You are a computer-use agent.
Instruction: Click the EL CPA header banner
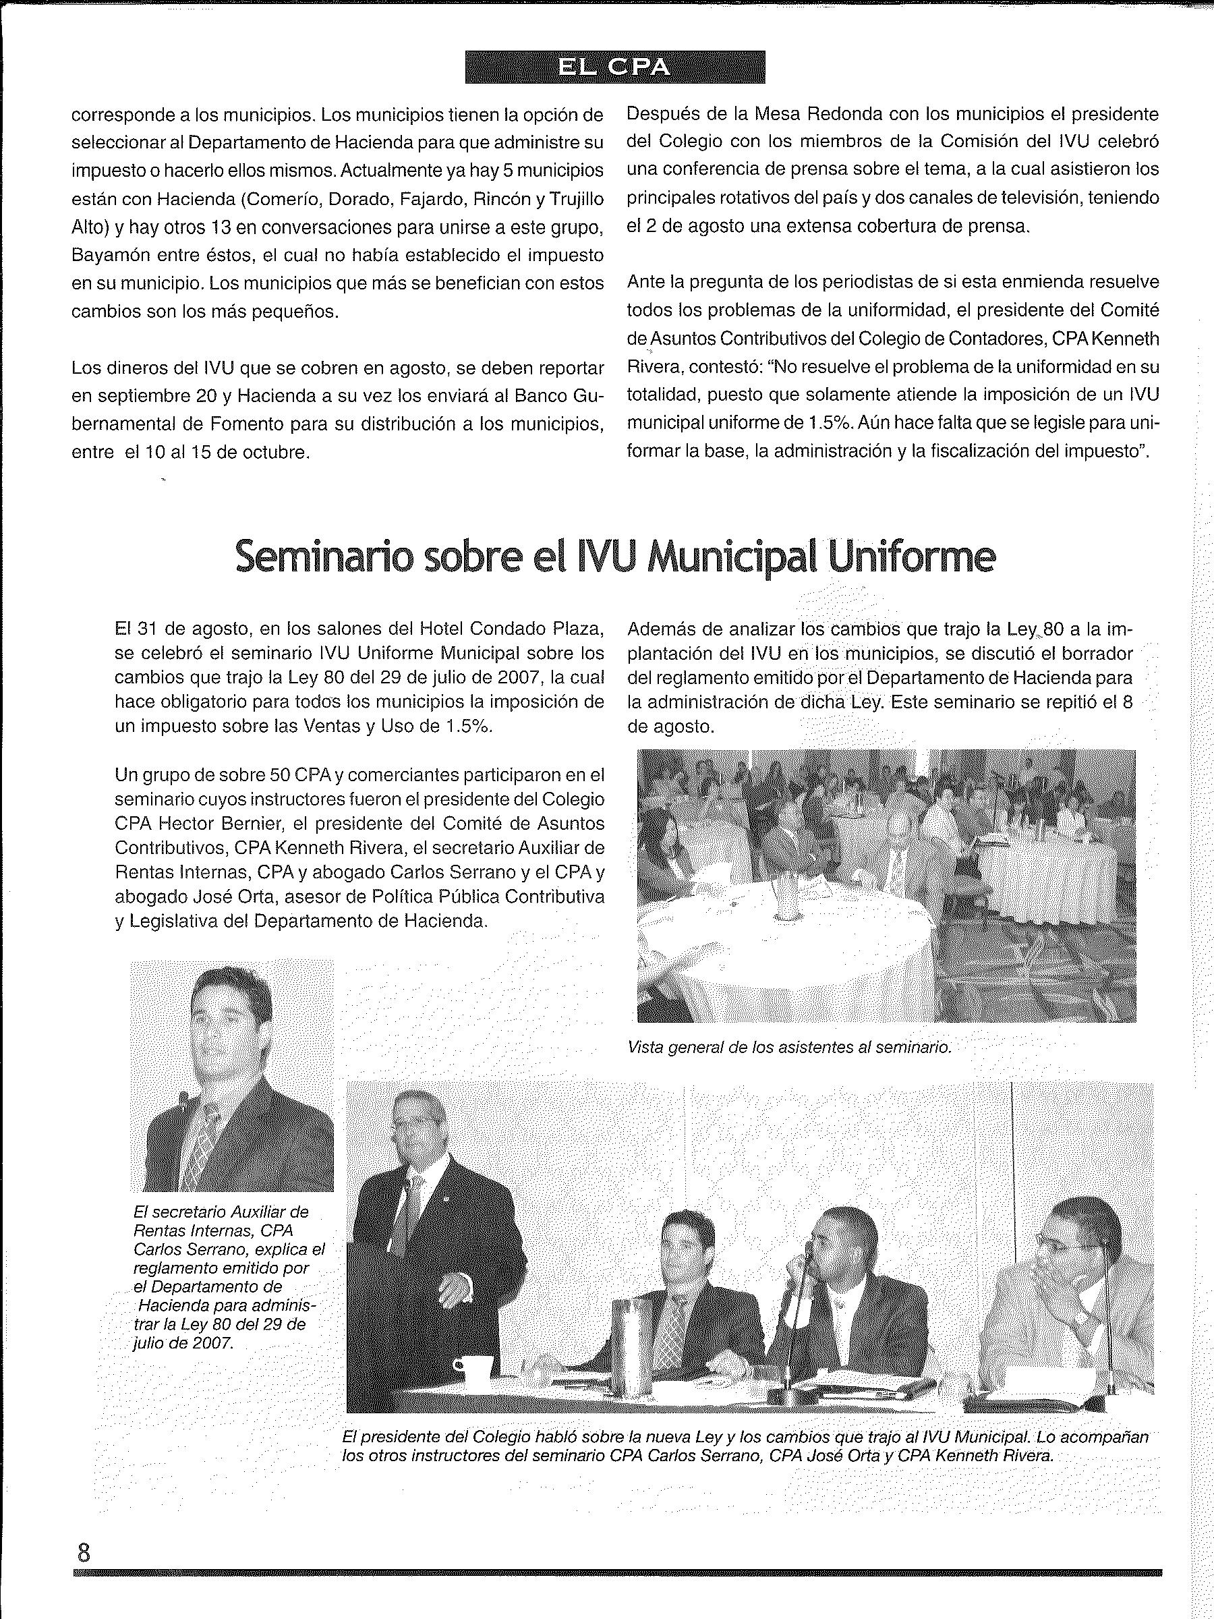pyautogui.click(x=614, y=67)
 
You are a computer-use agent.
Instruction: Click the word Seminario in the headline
pyautogui.click(x=326, y=559)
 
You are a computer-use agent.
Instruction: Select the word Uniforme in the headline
pyautogui.click(x=911, y=559)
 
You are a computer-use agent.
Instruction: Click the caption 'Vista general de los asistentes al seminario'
pyautogui.click(x=789, y=1048)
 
